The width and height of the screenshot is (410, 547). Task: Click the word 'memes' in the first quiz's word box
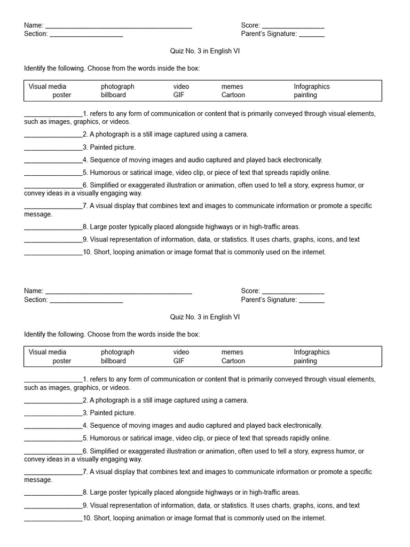tap(232, 87)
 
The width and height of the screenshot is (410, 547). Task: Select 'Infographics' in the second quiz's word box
tap(312, 353)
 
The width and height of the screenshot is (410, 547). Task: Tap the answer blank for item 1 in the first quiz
tap(53, 114)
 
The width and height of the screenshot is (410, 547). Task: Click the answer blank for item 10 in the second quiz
tap(53, 518)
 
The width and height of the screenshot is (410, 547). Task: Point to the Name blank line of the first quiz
tap(119, 26)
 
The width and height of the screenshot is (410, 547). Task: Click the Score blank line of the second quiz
tap(293, 292)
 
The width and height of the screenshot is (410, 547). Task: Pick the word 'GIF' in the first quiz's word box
tap(178, 95)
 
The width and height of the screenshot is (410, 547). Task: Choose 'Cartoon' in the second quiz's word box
tap(233, 361)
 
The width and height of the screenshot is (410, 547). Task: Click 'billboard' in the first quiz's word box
tap(113, 95)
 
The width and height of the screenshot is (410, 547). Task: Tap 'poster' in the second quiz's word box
tap(62, 361)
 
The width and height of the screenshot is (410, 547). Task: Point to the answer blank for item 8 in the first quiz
tap(53, 227)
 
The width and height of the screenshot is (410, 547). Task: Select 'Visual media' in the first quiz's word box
tap(48, 87)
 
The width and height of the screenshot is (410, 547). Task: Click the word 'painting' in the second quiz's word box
tap(305, 361)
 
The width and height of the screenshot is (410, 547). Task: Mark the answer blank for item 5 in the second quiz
tap(53, 439)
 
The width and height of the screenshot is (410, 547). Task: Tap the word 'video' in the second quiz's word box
tap(181, 353)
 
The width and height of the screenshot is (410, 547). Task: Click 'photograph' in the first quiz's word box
tap(117, 87)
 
